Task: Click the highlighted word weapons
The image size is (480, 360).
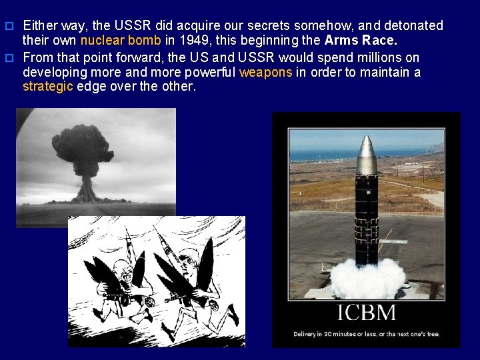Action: tap(265, 73)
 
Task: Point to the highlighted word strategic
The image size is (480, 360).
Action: tap(48, 87)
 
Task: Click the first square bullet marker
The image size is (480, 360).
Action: tap(9, 26)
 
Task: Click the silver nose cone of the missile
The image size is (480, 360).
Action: tap(367, 155)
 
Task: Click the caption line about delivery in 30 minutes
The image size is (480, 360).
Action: tap(366, 333)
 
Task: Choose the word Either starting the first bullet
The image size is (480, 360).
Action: tap(40, 25)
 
